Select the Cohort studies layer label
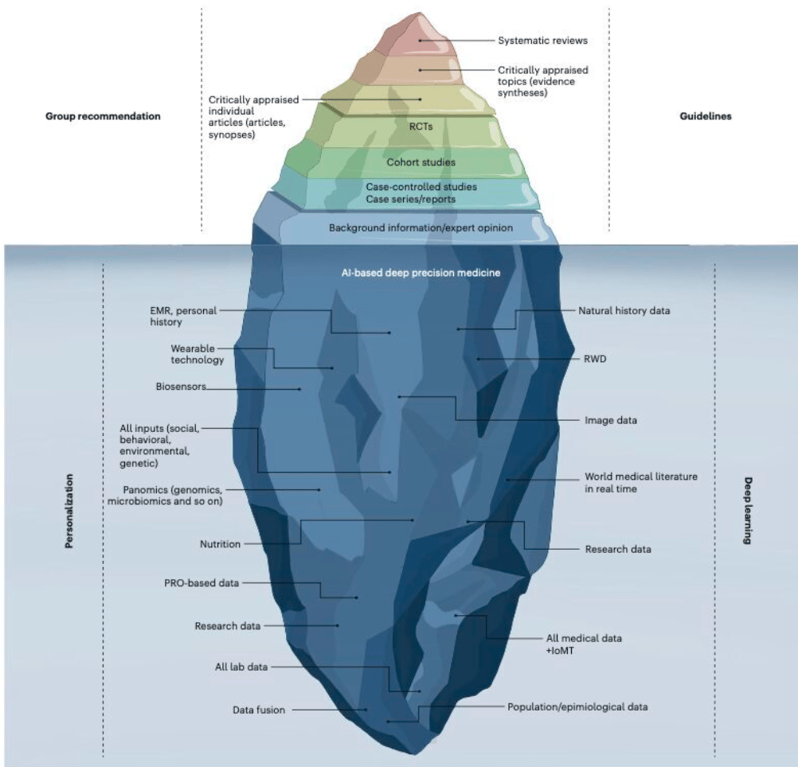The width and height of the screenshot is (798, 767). pos(421,162)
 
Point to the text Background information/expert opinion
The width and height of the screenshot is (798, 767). pos(421,228)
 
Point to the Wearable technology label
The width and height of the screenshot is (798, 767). pos(197,354)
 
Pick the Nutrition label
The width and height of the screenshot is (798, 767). pos(220,544)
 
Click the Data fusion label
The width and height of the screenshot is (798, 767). pos(259,708)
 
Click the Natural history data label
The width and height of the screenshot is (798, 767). pos(625,311)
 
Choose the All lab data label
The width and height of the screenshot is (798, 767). pos(241,667)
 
